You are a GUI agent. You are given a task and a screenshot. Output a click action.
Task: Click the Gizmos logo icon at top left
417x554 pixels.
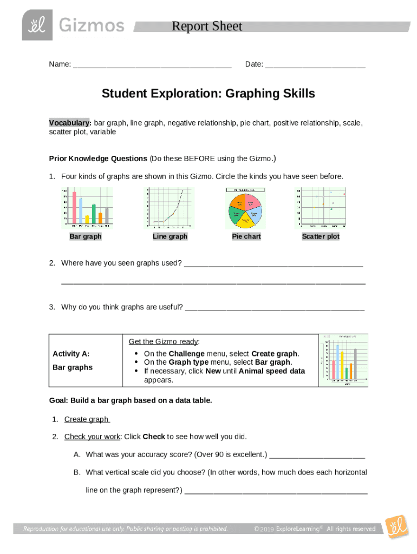(37, 25)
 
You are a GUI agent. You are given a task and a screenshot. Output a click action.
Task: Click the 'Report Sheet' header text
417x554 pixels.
(206, 27)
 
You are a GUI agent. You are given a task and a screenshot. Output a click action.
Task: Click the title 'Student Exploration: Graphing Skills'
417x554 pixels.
(208, 94)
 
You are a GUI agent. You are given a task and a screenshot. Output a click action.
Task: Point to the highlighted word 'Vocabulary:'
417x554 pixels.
(70, 123)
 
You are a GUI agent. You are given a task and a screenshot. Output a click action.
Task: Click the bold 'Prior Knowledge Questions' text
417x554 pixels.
(98, 159)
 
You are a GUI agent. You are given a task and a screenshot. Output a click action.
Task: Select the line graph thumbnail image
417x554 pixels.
(169, 208)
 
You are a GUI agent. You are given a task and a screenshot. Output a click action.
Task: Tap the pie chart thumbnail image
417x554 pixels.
(245, 208)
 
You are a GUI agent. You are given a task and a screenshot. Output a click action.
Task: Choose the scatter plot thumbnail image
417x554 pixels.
(321, 208)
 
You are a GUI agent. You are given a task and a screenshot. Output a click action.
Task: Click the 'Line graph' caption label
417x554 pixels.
(170, 236)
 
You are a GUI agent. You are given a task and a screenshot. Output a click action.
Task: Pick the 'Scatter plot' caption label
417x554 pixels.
(321, 236)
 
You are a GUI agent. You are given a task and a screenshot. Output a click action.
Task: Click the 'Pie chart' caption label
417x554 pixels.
(246, 236)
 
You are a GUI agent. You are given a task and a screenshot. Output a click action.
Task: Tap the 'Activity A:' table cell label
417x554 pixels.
(71, 354)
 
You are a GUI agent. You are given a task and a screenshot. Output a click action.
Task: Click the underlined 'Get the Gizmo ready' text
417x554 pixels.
(164, 341)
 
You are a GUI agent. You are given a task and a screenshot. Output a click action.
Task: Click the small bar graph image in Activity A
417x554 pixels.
(343, 360)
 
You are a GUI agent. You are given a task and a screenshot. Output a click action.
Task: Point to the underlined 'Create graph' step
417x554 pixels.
(87, 419)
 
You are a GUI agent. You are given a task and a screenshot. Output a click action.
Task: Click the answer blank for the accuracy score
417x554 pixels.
(317, 455)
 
